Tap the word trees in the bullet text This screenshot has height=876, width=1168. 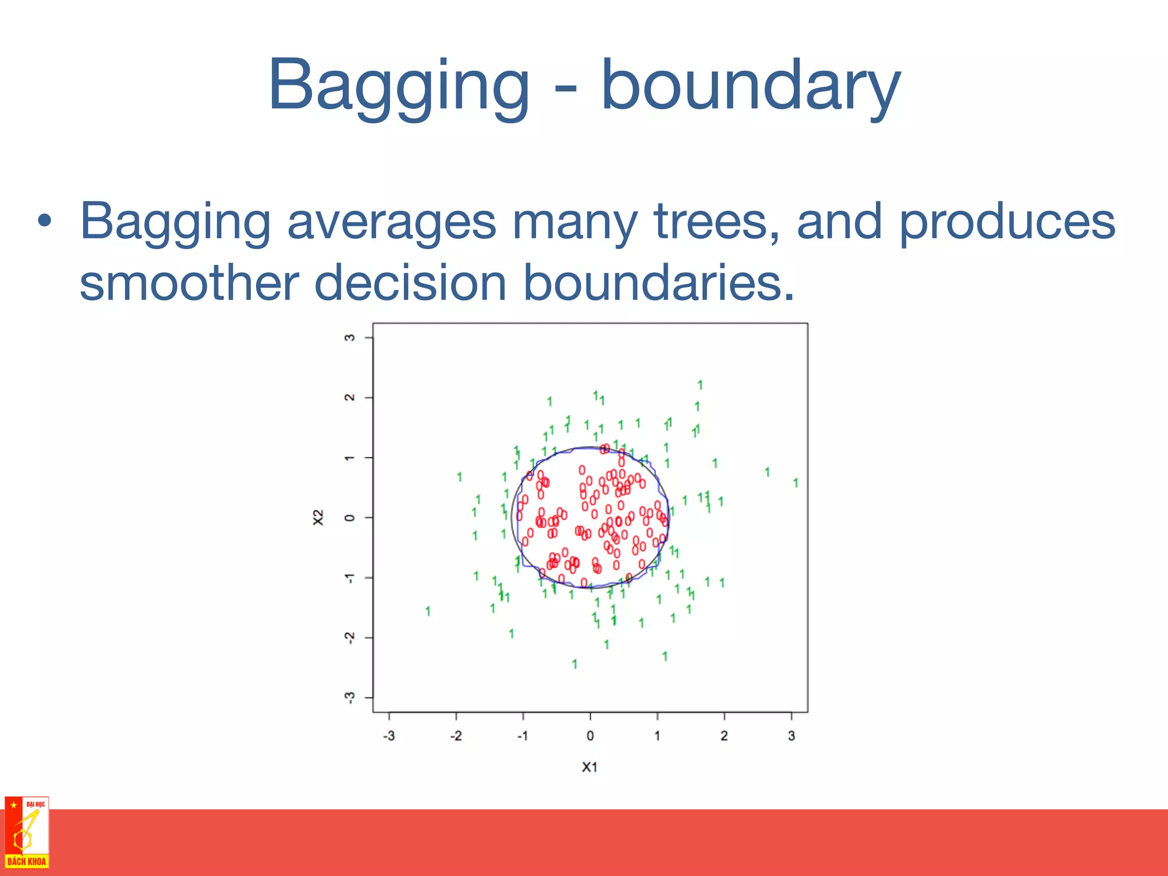coord(716,221)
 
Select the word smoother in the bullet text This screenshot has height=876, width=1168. coord(189,283)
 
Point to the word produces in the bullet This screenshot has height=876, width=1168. coord(1007,222)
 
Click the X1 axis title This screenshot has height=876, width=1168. coord(590,767)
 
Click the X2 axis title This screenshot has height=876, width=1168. coord(318,517)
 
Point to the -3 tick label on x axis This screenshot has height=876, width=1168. coord(388,736)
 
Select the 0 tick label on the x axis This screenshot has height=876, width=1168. coord(590,736)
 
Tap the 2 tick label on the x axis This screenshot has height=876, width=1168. coord(724,736)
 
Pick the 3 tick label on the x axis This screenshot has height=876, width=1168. coord(791,736)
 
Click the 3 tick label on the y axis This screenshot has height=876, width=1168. coord(350,338)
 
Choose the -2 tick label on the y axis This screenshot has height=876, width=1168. coord(350,638)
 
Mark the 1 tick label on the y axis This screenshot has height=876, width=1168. coord(350,457)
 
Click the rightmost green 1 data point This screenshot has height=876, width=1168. coord(796,483)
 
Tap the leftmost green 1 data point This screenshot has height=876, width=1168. coord(428,611)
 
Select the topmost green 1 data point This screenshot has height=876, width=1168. coord(700,385)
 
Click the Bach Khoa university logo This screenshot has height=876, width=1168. coord(26,833)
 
